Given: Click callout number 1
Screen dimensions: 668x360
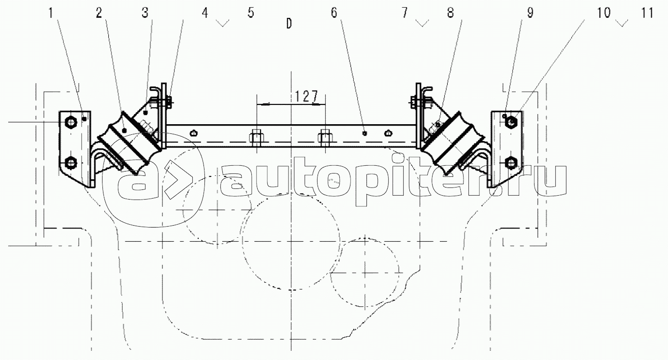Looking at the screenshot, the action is tap(51, 13).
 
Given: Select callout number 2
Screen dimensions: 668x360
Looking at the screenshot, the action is tap(99, 13).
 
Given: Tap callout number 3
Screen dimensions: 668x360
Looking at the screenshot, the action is tap(145, 13).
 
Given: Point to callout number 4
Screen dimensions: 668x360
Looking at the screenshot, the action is tap(205, 13).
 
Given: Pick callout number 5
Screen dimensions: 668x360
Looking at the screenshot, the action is tap(251, 13).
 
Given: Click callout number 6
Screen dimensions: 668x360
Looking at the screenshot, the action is tap(334, 13).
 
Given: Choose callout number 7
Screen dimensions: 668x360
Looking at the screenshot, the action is tap(405, 13).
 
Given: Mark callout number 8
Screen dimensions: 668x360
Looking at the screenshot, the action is tap(450, 13).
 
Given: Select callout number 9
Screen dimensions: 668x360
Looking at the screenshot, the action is tap(530, 13).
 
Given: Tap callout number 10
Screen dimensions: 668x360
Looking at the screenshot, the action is tap(604, 13).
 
